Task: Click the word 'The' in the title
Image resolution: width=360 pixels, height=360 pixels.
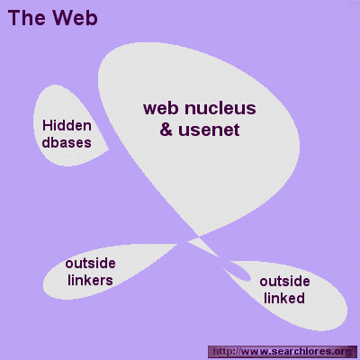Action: [x=26, y=18]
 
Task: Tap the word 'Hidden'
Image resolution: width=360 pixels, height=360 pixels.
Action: [x=67, y=125]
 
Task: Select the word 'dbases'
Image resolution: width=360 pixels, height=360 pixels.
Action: [x=67, y=142]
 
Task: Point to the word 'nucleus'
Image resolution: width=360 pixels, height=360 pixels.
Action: [x=220, y=109]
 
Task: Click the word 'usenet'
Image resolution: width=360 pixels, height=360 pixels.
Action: [x=209, y=130]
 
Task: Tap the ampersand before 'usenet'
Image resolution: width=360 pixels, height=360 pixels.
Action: [x=166, y=130]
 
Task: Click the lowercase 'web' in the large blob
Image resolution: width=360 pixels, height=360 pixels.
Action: [x=161, y=109]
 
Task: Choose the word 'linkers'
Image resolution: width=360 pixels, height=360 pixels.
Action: [x=90, y=280]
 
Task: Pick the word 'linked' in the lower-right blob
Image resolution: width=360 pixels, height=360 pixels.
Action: [x=284, y=298]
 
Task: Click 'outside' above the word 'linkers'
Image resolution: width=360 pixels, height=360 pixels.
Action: [x=90, y=264]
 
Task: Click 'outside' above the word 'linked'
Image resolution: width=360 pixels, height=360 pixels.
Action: [x=284, y=282]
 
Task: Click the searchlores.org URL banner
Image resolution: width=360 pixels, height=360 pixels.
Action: [x=280, y=351]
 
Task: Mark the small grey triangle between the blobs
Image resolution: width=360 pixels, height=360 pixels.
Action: [x=202, y=246]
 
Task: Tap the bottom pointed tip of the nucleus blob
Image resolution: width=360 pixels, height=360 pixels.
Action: [x=198, y=236]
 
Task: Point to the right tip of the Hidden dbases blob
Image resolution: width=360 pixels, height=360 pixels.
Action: [x=108, y=149]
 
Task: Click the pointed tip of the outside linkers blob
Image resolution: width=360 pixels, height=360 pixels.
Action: [x=177, y=244]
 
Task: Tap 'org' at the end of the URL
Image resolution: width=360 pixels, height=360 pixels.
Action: [x=342, y=352]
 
